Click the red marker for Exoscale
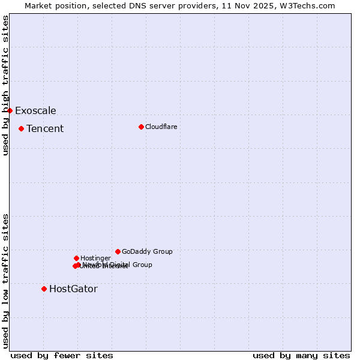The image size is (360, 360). (x=10, y=110)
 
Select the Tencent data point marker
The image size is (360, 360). (x=21, y=128)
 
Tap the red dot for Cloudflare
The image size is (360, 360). (x=141, y=127)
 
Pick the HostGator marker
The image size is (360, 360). (x=44, y=289)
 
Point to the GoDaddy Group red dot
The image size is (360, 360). (x=118, y=251)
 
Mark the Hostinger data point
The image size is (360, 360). (x=76, y=258)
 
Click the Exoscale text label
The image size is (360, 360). (x=35, y=110)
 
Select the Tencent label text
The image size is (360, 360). (x=45, y=128)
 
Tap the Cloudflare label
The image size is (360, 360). (x=161, y=127)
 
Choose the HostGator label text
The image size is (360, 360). (x=73, y=289)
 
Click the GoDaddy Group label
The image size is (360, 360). (x=147, y=251)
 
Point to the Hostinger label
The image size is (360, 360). (x=95, y=258)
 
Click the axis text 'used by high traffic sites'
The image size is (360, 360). (x=5, y=85)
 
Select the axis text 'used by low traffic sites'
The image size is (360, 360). (x=5, y=281)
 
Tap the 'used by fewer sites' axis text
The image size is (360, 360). (x=62, y=355)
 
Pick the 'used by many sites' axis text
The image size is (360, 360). (x=301, y=355)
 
